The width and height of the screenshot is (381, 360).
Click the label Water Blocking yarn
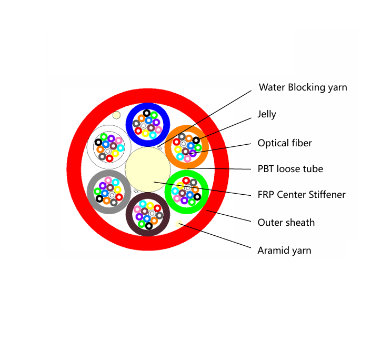[x=303, y=87]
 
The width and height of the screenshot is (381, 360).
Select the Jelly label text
[x=266, y=114]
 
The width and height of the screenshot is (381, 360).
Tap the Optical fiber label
[x=284, y=143]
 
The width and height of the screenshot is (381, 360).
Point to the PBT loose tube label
[x=290, y=169]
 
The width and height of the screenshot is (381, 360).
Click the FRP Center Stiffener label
[x=301, y=195]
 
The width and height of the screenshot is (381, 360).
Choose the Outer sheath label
[x=286, y=223]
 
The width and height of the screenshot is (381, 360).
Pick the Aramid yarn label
[x=284, y=251]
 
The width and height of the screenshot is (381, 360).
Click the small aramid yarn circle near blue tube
[x=117, y=115]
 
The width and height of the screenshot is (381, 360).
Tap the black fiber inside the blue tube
[x=146, y=113]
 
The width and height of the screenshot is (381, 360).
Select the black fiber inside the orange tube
[x=196, y=141]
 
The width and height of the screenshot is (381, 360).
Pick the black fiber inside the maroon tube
[x=149, y=226]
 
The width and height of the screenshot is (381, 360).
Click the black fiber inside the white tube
[x=98, y=142]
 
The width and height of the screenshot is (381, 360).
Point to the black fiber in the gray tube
[x=99, y=198]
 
